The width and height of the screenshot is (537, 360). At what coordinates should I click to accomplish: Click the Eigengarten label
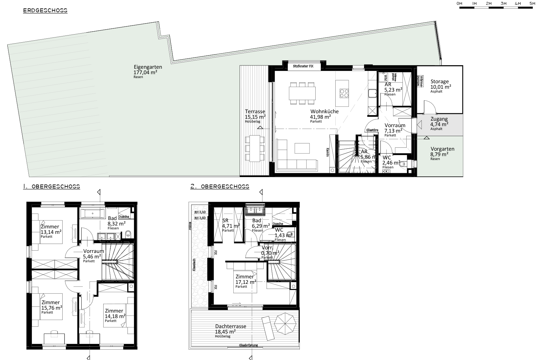pyautogui.click(x=148, y=67)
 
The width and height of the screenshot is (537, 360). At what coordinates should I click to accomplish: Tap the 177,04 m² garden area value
pyautogui.click(x=145, y=73)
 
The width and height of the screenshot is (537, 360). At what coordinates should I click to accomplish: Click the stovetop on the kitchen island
pyautogui.click(x=344, y=93)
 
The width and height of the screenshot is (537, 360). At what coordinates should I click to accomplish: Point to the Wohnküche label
pyautogui.click(x=324, y=112)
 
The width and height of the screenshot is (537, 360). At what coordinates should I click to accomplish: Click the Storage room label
pyautogui.click(x=440, y=82)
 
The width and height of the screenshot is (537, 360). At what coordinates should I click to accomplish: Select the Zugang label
pyautogui.click(x=439, y=119)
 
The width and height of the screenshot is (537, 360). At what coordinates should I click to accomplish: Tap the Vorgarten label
pyautogui.click(x=442, y=149)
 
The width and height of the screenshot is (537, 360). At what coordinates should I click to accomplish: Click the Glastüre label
pyautogui.click(x=372, y=130)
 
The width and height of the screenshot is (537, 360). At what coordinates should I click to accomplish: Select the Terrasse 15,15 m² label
pyautogui.click(x=255, y=114)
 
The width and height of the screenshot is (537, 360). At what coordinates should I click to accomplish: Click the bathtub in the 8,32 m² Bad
pyautogui.click(x=92, y=213)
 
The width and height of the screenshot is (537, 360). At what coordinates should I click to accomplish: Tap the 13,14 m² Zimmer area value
pyautogui.click(x=51, y=232)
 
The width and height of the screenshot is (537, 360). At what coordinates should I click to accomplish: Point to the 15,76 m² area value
pyautogui.click(x=52, y=308)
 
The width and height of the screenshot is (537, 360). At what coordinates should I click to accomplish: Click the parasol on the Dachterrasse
pyautogui.click(x=285, y=325)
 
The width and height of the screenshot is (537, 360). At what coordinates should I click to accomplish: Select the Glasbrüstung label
pyautogui.click(x=248, y=345)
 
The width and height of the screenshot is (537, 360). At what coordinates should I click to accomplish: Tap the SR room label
pyautogui.click(x=226, y=221)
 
